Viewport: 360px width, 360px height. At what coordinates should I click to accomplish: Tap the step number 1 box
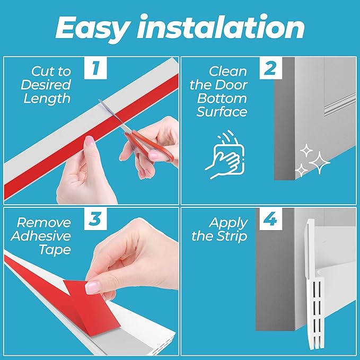tap(95, 68)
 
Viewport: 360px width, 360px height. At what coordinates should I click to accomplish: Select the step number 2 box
tap(271, 68)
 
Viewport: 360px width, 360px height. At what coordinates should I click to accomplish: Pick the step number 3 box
tap(95, 219)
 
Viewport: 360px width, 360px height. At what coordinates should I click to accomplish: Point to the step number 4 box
tap(271, 219)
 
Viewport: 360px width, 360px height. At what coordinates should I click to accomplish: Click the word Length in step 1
tap(47, 99)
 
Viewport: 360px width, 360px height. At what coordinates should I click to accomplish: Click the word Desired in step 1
tap(46, 85)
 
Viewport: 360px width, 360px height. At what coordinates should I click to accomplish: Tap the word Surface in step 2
tap(222, 112)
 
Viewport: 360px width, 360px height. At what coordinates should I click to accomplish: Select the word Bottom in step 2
tap(222, 98)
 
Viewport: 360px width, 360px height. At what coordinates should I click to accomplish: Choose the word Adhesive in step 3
tap(41, 236)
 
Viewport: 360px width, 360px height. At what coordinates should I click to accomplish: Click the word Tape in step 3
tap(55, 250)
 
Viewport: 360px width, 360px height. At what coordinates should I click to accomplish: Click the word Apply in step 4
tap(228, 223)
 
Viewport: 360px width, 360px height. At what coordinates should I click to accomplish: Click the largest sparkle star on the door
tap(319, 163)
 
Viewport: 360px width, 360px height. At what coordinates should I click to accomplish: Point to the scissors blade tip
tap(99, 100)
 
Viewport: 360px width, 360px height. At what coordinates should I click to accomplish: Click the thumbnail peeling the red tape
tap(93, 288)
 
